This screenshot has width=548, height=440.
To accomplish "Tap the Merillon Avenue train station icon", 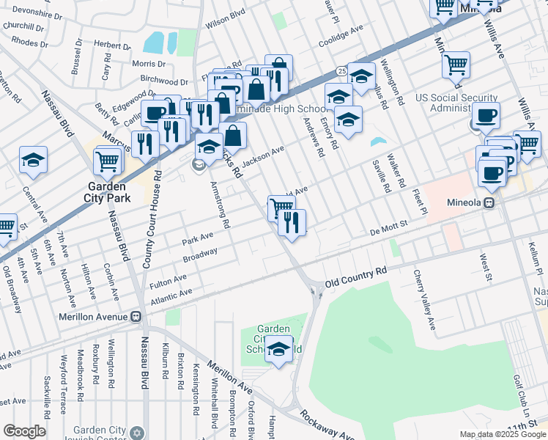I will (136, 317).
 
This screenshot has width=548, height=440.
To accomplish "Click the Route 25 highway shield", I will (342, 70).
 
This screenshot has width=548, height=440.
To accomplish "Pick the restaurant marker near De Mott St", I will (292, 223).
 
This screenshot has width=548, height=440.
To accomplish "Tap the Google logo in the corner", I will (24, 431).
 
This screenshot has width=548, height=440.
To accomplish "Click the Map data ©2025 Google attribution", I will (503, 434).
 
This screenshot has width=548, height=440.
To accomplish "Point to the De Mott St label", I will (388, 230).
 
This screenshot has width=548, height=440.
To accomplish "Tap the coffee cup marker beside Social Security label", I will (486, 115).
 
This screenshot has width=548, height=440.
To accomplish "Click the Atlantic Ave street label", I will (171, 296).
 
